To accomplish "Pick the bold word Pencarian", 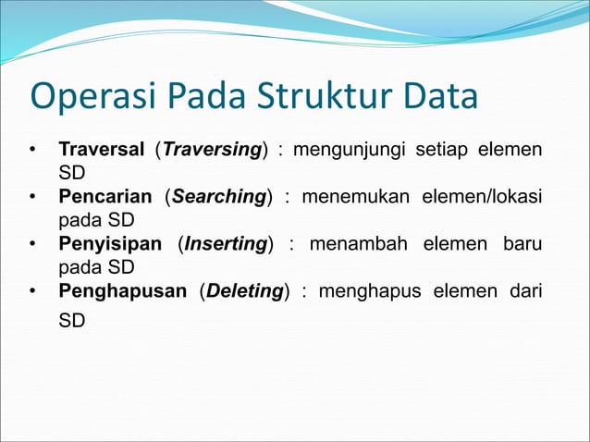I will point(104,197).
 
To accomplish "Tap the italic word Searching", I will point(219,197).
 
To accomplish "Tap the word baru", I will point(522,245).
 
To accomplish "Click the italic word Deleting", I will point(244,292).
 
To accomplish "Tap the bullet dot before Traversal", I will point(32,150).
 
